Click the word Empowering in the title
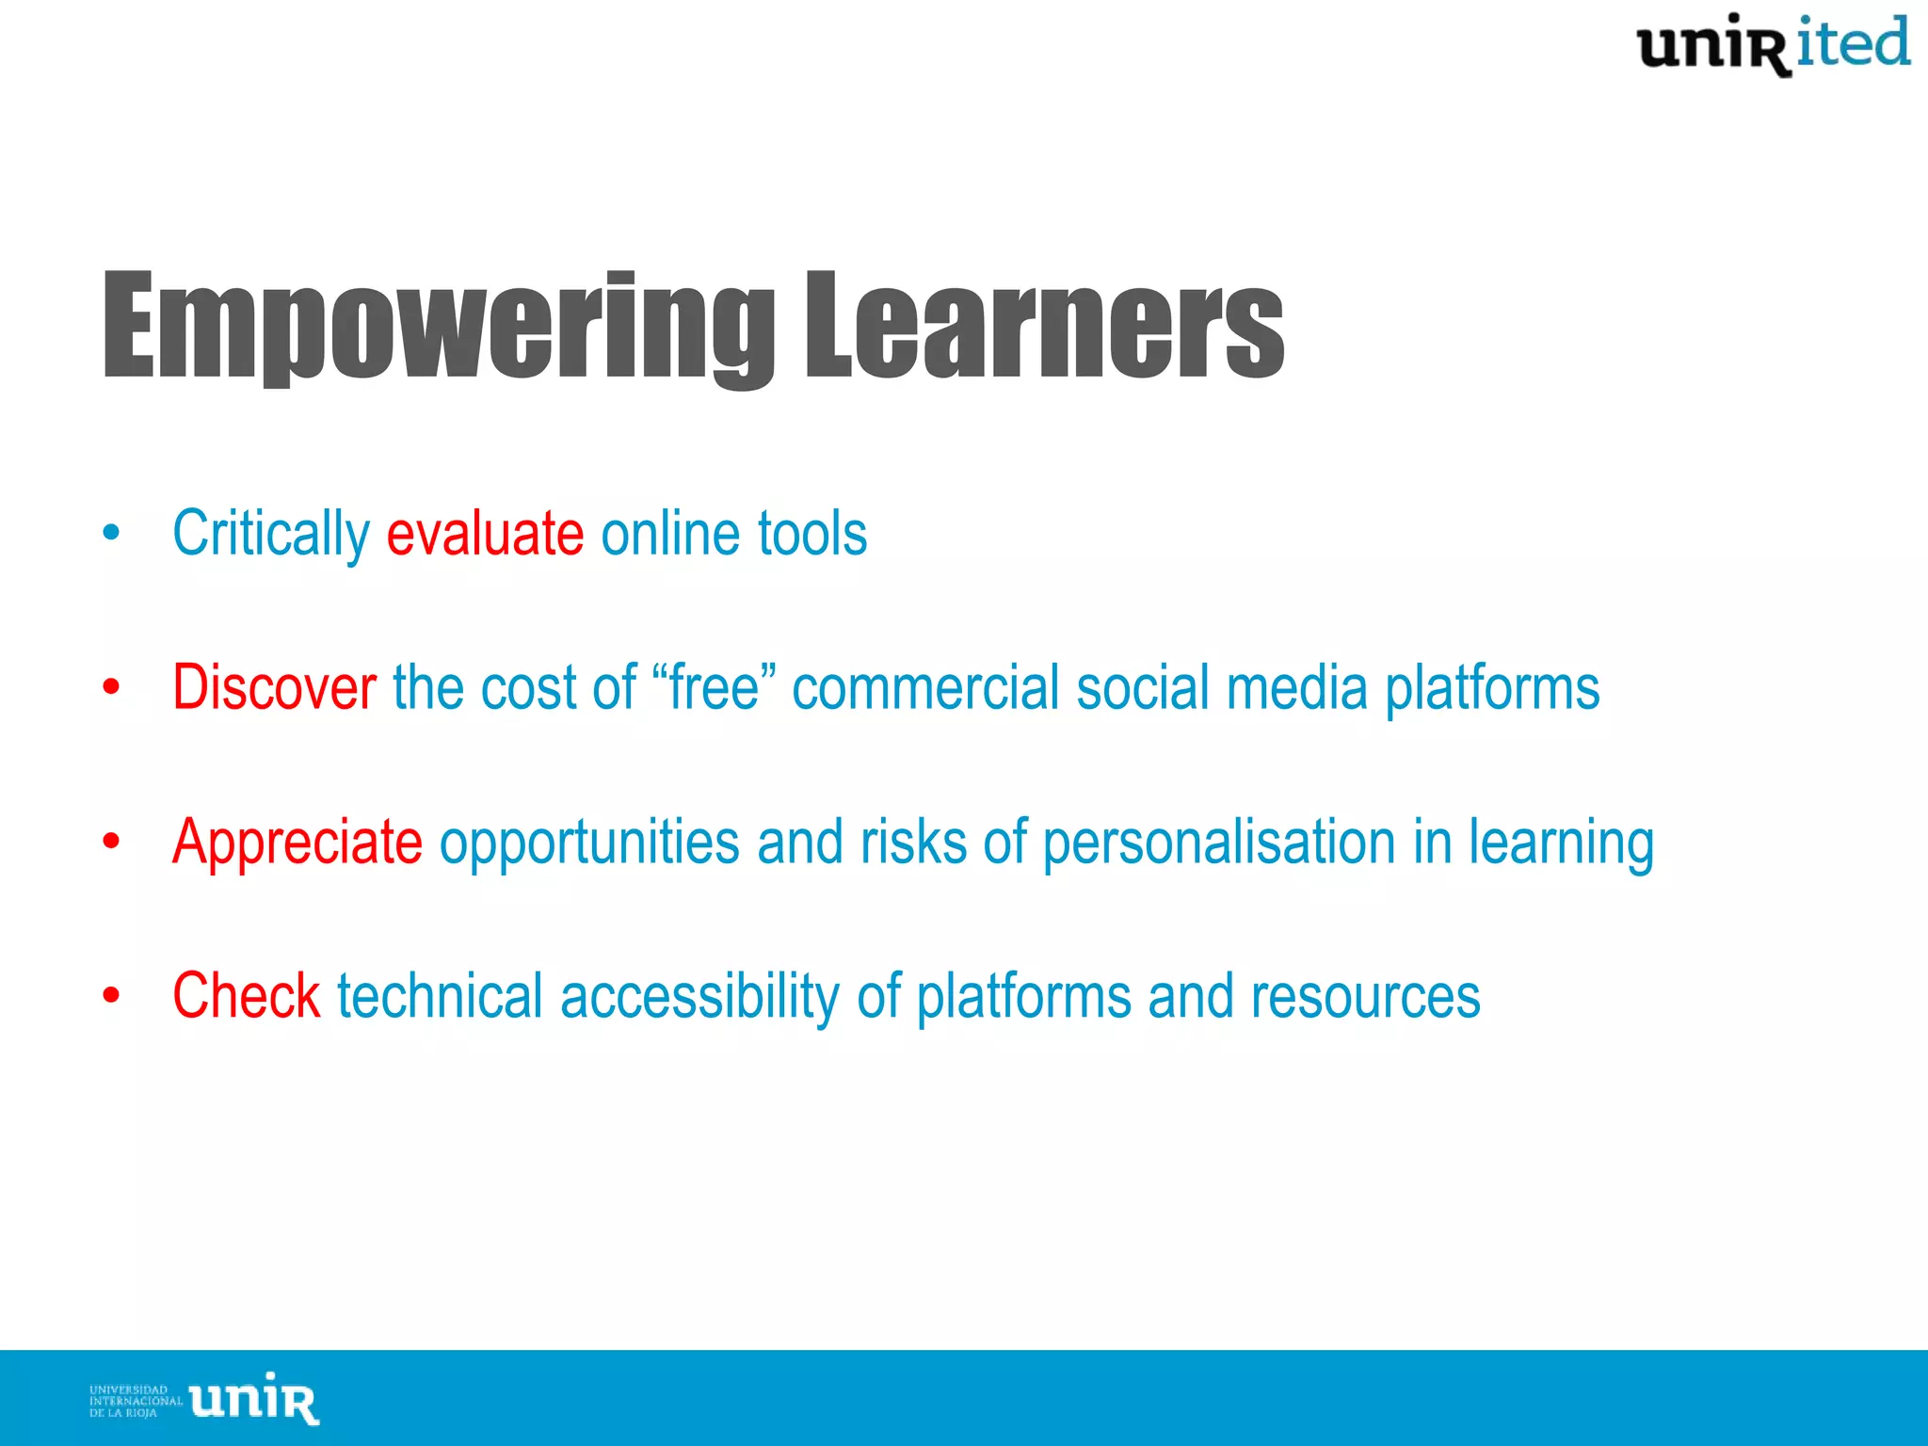(438, 327)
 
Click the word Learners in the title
(1043, 327)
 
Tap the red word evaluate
(485, 534)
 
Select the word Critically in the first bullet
(271, 534)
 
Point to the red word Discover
(274, 687)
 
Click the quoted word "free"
(714, 687)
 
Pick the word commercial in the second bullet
(925, 687)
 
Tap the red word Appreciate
(297, 842)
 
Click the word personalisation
(1218, 842)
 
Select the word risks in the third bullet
(912, 842)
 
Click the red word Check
(246, 996)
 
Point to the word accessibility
(699, 996)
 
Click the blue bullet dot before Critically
(112, 534)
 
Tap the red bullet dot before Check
(112, 996)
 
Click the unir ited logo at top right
(1773, 45)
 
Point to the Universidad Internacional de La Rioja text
(135, 1401)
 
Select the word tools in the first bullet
(811, 534)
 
